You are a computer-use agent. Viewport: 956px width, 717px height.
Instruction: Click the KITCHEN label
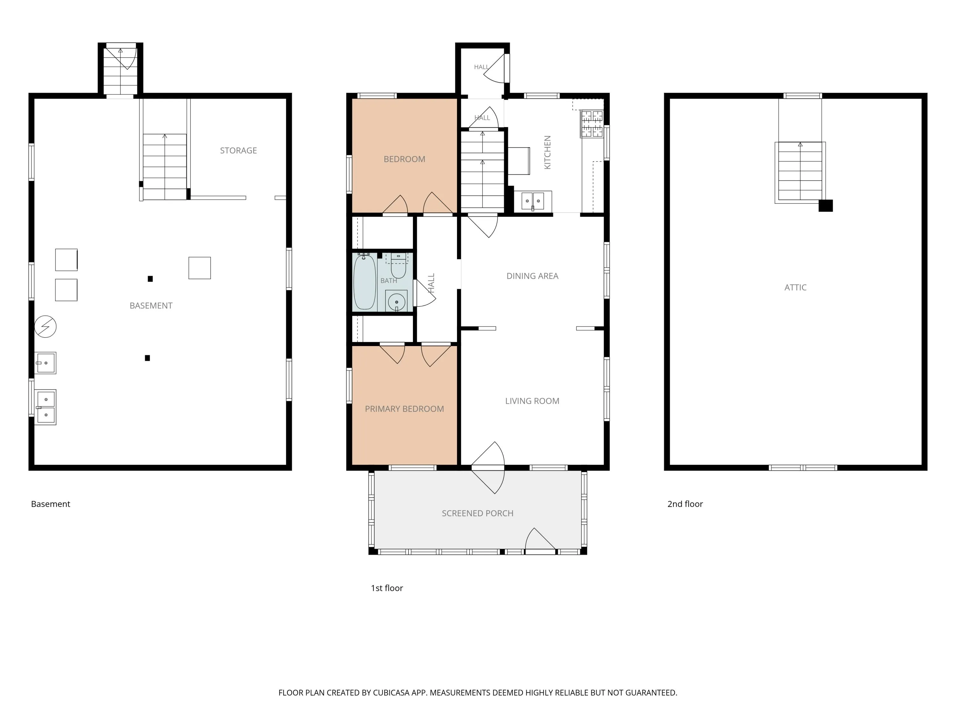(547, 152)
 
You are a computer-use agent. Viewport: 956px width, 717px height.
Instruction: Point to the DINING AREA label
(532, 276)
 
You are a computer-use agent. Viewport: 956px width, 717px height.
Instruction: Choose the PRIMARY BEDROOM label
(404, 409)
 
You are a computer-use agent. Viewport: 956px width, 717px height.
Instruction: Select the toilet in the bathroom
(398, 266)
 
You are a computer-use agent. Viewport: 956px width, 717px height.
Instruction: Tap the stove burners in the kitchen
(592, 124)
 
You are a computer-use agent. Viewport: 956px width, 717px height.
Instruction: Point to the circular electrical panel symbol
(45, 326)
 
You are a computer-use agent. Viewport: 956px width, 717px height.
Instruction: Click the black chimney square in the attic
(825, 206)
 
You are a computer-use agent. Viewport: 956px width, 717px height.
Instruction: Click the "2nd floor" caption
(685, 504)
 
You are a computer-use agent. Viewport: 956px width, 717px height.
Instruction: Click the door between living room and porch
(488, 467)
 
